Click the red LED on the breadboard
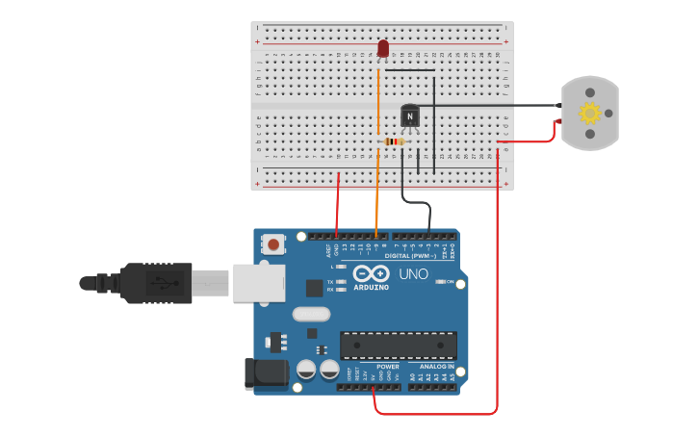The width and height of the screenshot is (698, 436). coord(383,48)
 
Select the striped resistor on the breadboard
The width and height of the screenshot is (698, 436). coord(394,141)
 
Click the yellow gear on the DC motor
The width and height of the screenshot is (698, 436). coord(589,113)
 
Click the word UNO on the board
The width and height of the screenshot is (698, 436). coord(414,274)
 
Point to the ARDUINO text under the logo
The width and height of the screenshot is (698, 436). coord(371,287)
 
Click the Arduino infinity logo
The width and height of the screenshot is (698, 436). coord(370,272)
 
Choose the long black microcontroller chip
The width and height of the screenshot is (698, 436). coord(399,346)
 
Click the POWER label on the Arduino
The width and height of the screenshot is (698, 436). coord(388,367)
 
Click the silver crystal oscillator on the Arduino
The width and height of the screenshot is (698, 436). coord(310,314)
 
